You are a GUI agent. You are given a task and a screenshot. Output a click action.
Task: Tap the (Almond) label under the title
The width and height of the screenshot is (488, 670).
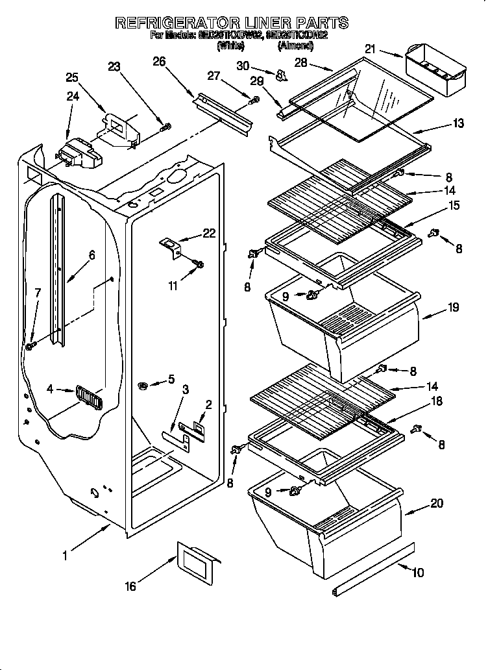tap(295, 46)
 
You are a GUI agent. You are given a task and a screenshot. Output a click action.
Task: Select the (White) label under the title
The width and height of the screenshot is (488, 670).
tap(230, 46)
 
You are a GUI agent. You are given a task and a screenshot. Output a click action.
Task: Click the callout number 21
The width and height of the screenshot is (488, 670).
tap(371, 49)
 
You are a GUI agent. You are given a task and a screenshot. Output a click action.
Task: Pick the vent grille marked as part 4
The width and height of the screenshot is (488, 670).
tap(88, 395)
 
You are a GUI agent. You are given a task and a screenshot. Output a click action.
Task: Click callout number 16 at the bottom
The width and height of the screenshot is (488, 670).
tap(130, 586)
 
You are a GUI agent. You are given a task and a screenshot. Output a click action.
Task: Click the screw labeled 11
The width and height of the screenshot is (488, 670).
tap(199, 264)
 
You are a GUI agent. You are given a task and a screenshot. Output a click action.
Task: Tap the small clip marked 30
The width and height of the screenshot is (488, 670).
tap(281, 76)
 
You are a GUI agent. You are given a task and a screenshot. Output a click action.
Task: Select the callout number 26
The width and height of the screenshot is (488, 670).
tap(158, 62)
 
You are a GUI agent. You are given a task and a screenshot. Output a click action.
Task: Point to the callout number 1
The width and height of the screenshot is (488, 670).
tap(65, 555)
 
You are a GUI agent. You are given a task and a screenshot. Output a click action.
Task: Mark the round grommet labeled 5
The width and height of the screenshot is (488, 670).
tap(143, 387)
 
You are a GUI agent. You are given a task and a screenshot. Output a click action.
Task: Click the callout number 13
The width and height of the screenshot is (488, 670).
tap(458, 123)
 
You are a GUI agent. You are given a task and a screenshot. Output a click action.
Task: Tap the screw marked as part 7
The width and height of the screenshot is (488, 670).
tap(30, 347)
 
